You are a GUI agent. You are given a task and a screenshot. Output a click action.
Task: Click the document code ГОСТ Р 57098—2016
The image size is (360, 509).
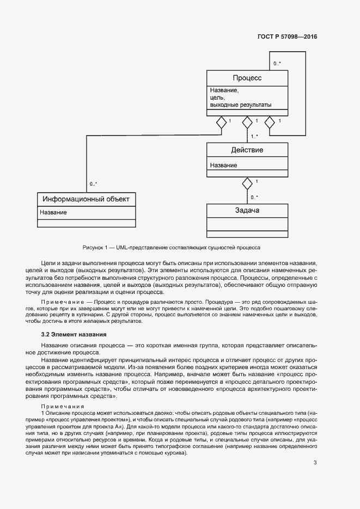(x=287, y=37)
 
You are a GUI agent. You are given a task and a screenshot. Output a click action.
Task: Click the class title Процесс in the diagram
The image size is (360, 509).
(x=247, y=78)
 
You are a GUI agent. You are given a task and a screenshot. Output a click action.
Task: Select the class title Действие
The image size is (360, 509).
(x=247, y=150)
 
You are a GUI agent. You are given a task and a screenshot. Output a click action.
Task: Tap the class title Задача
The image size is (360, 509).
(x=247, y=211)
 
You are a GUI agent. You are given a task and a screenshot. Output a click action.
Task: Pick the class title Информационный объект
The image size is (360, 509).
(x=86, y=199)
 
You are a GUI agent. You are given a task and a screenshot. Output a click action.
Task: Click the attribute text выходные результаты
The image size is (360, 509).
(x=241, y=105)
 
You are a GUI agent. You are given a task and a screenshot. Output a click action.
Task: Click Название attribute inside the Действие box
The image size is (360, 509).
(x=223, y=165)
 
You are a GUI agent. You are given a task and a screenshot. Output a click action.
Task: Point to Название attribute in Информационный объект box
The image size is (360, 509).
(x=53, y=212)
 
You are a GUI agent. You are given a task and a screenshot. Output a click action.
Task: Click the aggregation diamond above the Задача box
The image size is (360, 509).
(x=247, y=182)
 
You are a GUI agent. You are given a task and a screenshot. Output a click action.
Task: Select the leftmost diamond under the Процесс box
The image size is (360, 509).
(x=221, y=122)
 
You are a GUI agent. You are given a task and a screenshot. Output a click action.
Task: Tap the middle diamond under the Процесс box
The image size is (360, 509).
(x=247, y=122)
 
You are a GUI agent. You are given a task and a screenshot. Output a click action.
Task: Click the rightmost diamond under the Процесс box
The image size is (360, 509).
(x=270, y=122)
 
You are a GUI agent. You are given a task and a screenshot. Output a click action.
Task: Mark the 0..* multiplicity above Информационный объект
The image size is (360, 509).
(x=94, y=184)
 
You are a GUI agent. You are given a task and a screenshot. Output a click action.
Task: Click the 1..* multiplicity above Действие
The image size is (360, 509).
(x=254, y=137)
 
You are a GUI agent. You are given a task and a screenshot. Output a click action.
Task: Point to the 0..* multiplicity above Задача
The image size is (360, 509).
(x=254, y=197)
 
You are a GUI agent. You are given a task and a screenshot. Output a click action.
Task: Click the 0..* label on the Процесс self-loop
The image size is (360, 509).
(x=277, y=64)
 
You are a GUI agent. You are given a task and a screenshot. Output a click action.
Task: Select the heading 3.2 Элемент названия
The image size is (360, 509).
(x=74, y=334)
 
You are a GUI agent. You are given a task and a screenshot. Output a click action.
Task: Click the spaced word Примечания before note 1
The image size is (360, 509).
(x=63, y=407)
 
